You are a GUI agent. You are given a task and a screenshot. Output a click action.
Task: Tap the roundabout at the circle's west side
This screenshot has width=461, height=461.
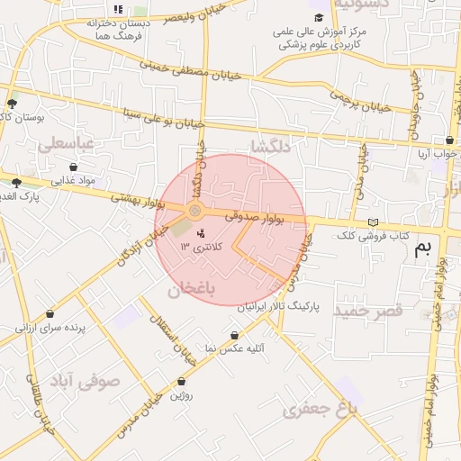point(195,212)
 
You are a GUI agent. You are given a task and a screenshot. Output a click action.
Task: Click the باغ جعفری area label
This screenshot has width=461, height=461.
point(321,411)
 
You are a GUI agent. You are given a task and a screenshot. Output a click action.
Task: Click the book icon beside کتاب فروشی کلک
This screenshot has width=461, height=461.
point(373,222)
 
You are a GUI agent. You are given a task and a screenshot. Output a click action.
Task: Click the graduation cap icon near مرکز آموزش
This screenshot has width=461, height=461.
point(318,17)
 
